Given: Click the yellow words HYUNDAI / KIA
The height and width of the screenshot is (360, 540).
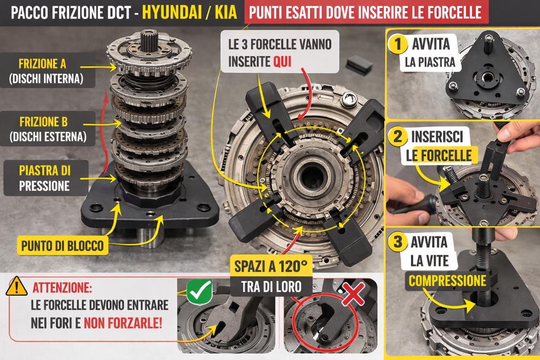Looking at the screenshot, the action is (189, 13).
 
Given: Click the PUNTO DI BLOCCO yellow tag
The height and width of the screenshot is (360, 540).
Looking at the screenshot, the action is (63, 246).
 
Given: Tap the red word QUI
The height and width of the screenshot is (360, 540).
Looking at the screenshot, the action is (282, 62).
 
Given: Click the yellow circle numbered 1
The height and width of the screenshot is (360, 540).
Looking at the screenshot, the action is (398, 44).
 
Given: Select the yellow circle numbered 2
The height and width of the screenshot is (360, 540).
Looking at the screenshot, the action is (398, 136).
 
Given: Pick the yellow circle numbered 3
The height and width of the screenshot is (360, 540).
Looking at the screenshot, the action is (398, 242).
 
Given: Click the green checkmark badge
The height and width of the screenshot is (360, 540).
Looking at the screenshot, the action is (199, 292).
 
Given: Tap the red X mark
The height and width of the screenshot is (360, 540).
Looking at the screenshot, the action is (354, 294).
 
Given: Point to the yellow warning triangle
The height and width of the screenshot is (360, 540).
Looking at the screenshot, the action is (16, 286).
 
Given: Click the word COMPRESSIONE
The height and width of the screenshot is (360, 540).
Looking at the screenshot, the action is (447, 281).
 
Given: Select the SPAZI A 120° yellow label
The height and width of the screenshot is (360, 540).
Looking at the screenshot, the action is (271, 266).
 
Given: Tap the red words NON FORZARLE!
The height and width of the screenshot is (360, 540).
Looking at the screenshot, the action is (123, 324).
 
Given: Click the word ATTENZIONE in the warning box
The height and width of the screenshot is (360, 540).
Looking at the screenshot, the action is (62, 288).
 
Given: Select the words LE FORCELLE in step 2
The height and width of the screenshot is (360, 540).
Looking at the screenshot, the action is (439, 156).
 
